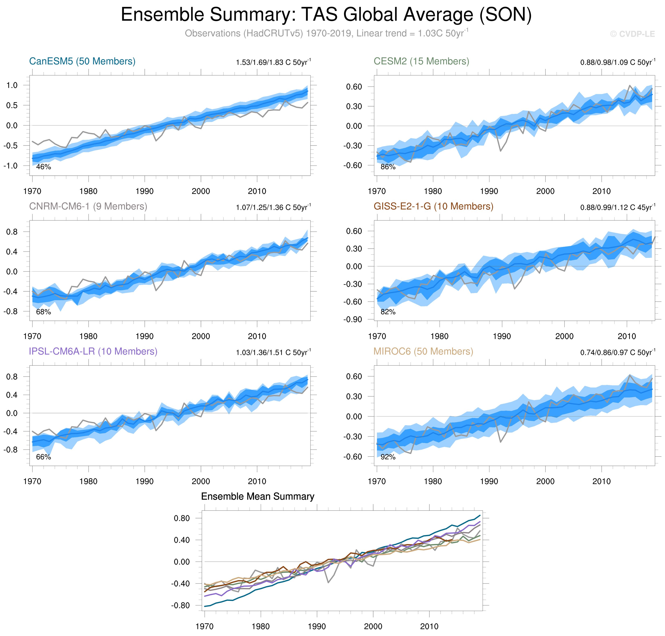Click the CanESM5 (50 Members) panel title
82,61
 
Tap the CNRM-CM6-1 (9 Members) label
88,207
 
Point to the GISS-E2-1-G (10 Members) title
433,207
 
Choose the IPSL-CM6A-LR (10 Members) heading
93,352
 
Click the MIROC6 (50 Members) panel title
423,352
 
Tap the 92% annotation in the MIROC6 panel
388,457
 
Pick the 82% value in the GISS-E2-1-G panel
388,312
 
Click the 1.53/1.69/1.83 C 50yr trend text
273,62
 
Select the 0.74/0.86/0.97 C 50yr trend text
618,353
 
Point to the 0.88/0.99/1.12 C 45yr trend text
618,208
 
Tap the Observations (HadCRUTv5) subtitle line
326,34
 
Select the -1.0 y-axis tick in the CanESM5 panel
10,166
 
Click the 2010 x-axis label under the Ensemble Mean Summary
429,627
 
